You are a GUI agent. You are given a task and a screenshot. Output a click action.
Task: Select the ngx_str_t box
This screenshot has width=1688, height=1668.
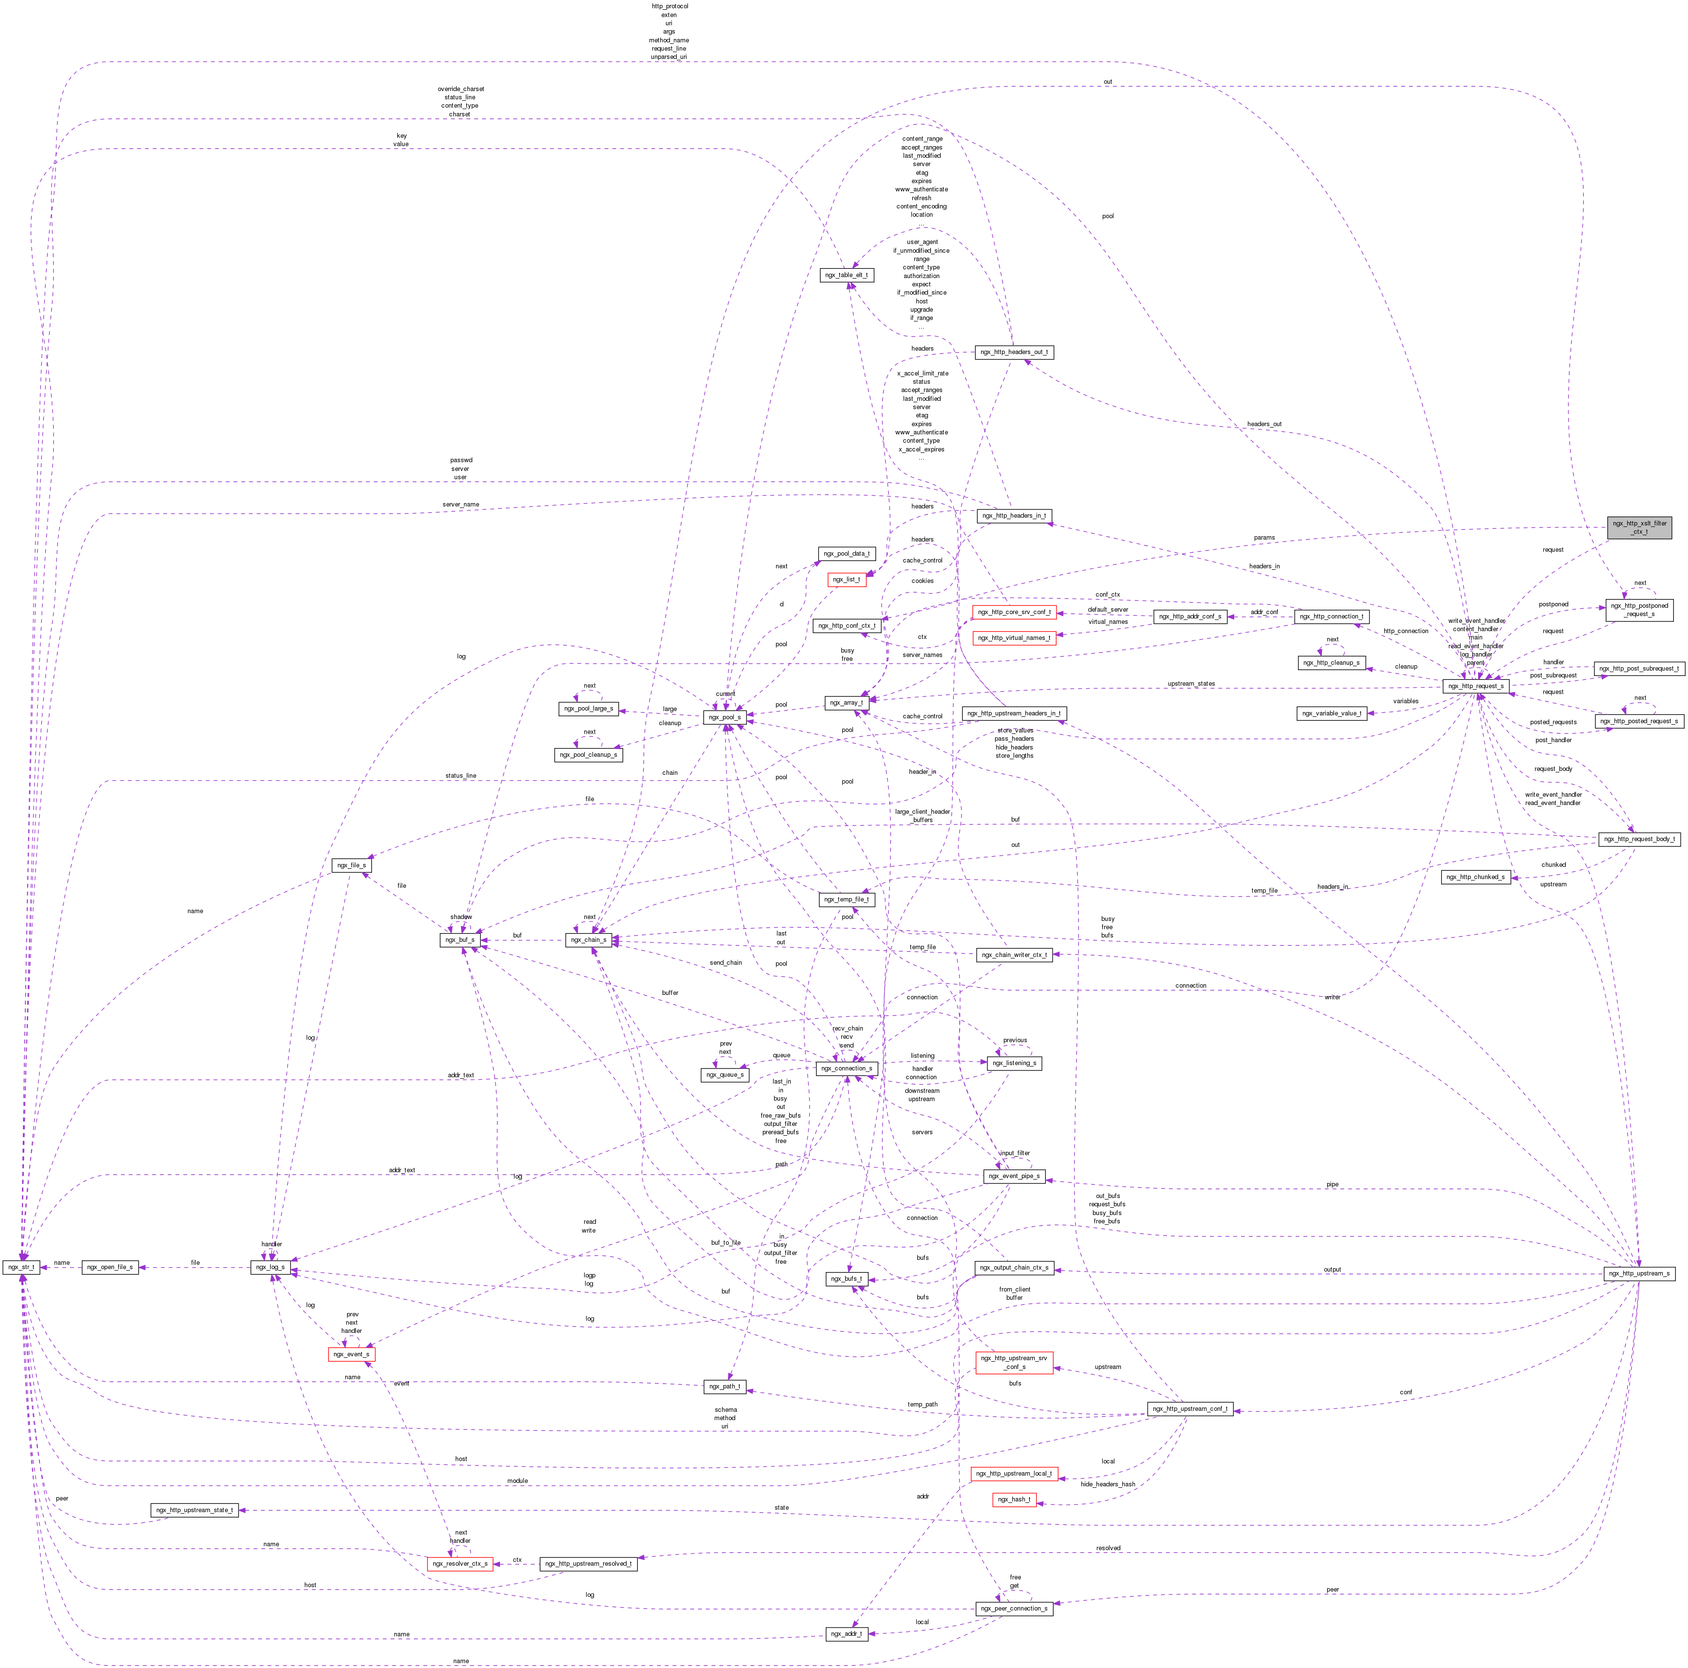(x=21, y=1267)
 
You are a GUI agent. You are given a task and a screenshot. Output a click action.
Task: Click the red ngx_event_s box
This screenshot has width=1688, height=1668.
(x=351, y=1354)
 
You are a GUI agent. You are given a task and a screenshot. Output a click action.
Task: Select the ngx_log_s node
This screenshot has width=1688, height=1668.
(x=270, y=1267)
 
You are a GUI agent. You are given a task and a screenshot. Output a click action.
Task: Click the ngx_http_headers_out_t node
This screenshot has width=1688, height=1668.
(x=1014, y=352)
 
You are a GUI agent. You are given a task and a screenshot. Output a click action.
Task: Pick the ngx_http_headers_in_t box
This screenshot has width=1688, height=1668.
(x=1014, y=516)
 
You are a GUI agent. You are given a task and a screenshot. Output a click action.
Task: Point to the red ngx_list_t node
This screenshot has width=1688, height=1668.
(x=846, y=580)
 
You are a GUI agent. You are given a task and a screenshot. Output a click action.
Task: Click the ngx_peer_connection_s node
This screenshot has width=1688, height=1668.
(x=1014, y=1609)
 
